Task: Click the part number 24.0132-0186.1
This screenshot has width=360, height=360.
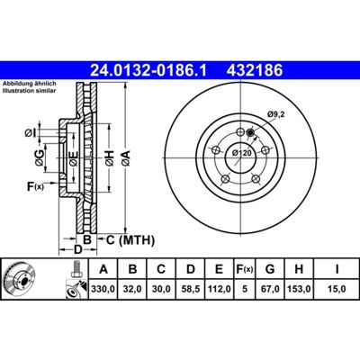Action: pos(148,71)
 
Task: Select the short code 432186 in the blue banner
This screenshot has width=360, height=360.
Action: pos(255,71)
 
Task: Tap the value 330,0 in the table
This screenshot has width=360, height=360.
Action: pos(103,289)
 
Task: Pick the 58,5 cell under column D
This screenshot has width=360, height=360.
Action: pos(191,289)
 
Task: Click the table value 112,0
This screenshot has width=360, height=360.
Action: pos(220,289)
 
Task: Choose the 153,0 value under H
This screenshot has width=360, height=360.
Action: pos(299,289)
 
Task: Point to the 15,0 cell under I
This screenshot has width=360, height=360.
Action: pos(337,289)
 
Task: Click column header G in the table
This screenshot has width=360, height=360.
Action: pos(270,269)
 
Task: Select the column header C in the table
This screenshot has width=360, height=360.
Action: pos(161,269)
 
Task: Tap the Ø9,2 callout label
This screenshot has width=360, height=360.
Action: pos(275,114)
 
